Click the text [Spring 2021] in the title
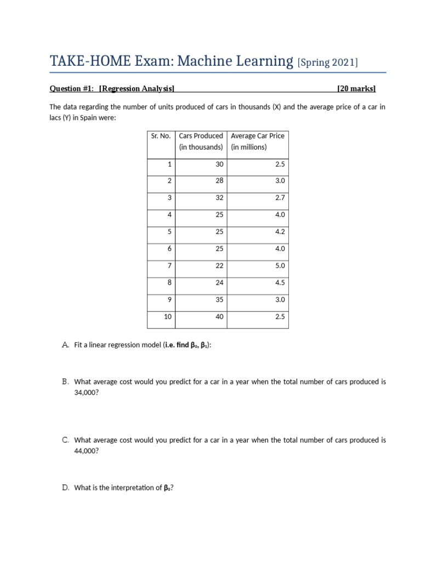point(328,62)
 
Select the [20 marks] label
point(357,88)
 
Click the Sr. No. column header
point(161,136)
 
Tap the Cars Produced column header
point(201,141)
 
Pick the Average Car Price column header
point(258,141)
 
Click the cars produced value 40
point(219,317)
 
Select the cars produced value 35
point(219,300)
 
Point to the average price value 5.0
point(280,266)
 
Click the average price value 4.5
point(280,283)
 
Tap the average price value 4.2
point(280,232)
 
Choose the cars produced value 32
point(219,198)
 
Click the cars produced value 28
point(219,181)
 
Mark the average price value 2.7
point(280,198)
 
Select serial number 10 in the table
point(168,317)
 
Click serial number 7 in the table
point(169,266)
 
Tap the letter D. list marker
point(65,488)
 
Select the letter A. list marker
point(65,345)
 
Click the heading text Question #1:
point(72,88)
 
